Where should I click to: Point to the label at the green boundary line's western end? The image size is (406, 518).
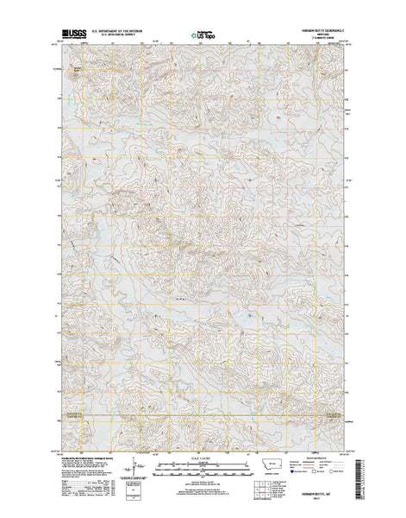tap(62, 415)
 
